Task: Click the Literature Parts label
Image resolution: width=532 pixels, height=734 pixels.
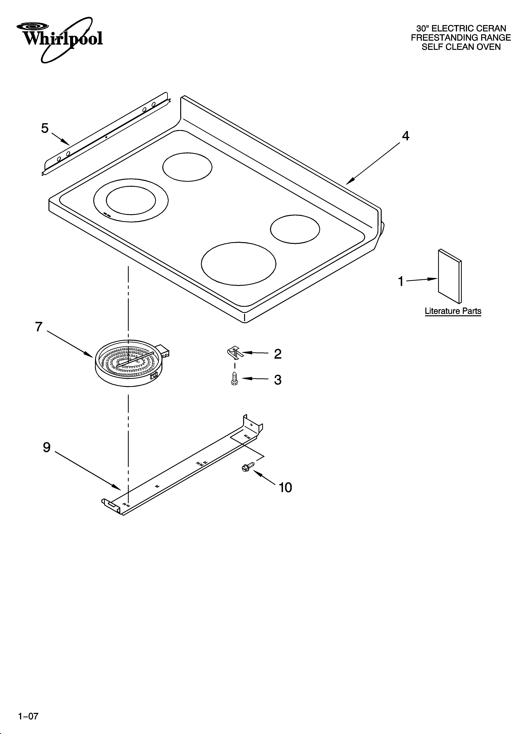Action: tap(453, 311)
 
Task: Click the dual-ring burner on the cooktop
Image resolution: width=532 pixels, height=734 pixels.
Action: tap(131, 201)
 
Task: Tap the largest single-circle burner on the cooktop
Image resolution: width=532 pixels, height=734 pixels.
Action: tap(239, 263)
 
